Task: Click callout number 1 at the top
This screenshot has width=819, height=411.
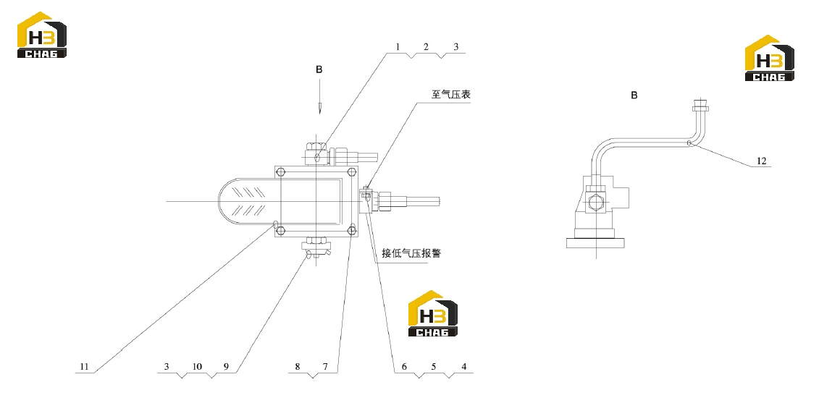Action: tap(398, 47)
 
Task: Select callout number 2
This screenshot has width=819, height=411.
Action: tap(427, 47)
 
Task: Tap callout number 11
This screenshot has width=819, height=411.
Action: tap(84, 367)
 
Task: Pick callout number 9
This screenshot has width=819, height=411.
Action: tap(226, 367)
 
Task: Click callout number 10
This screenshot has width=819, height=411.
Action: tap(197, 367)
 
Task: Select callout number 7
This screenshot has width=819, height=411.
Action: tap(325, 367)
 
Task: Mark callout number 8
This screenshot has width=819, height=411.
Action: tap(298, 367)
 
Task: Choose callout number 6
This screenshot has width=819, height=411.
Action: tap(404, 367)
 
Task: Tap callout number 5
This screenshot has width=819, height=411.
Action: tap(434, 367)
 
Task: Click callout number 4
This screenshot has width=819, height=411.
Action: tap(464, 367)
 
